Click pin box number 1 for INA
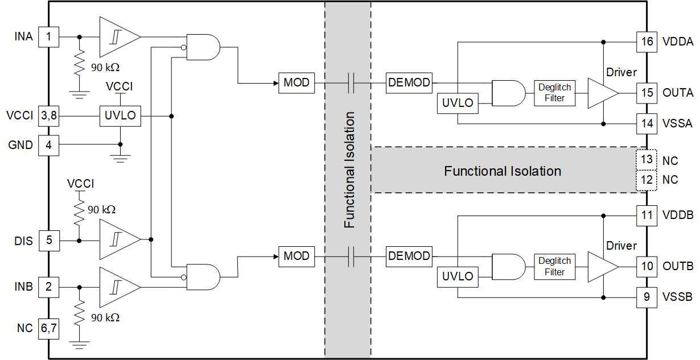click(x=49, y=37)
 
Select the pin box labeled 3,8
click(x=49, y=115)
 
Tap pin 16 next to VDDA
click(x=647, y=42)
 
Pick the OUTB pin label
click(x=678, y=266)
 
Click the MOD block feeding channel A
click(x=296, y=83)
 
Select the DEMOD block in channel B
click(x=409, y=256)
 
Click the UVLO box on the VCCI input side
click(x=120, y=115)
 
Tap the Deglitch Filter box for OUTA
click(x=554, y=93)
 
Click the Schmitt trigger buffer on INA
click(x=118, y=37)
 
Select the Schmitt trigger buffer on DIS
click(x=118, y=240)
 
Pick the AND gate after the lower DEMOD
click(x=508, y=266)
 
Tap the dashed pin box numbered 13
click(x=647, y=160)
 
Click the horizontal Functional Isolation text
click(x=503, y=171)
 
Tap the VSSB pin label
click(x=677, y=297)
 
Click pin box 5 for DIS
click(x=49, y=240)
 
